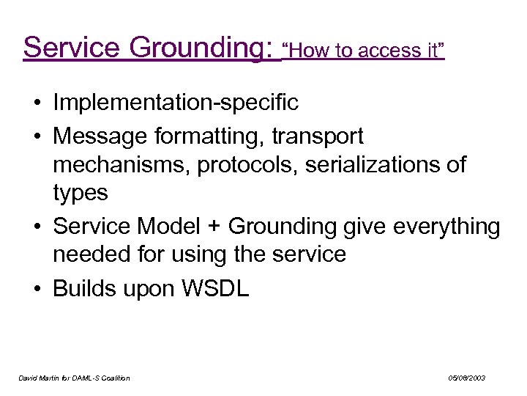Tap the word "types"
point(80,194)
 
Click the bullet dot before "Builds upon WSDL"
point(37,288)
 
